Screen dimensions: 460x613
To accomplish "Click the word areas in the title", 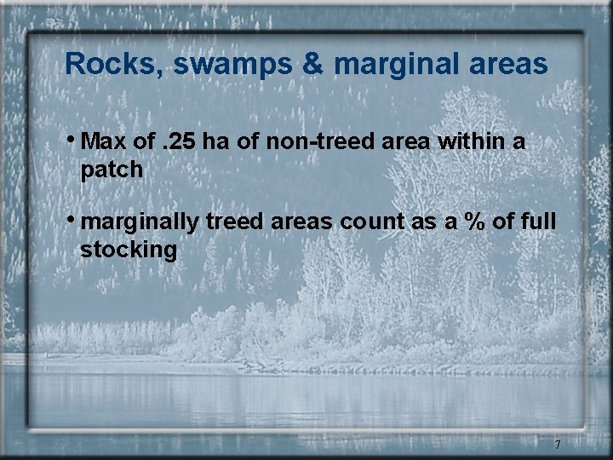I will click(x=507, y=66).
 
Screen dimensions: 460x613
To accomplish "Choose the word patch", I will click(x=112, y=170).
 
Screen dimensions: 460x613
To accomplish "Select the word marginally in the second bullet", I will click(x=143, y=223).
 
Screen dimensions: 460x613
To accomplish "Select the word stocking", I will click(x=129, y=251).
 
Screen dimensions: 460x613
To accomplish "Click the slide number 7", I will click(x=558, y=445).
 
